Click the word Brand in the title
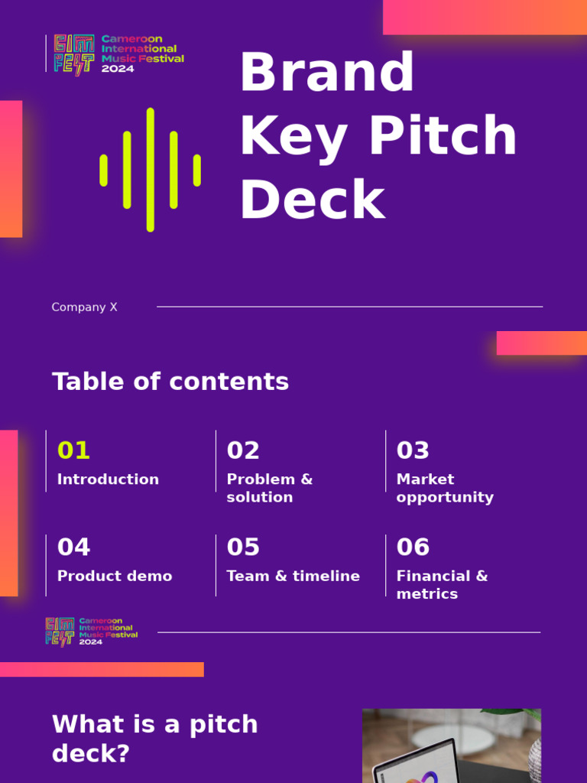[x=327, y=73]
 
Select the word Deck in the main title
[x=312, y=200]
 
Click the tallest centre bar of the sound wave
[x=151, y=170]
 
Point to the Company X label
[x=84, y=307]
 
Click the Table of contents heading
[x=170, y=382]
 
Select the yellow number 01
[x=73, y=451]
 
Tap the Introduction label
[x=108, y=479]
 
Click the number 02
[x=243, y=451]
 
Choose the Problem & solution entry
[x=269, y=488]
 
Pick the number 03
[x=413, y=451]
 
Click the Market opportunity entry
[x=445, y=488]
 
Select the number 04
[x=73, y=547]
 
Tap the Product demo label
[x=115, y=576]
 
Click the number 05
[x=243, y=547]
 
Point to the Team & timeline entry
[x=293, y=576]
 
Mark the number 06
[x=413, y=547]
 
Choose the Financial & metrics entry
[x=442, y=585]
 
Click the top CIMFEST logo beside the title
[x=118, y=54]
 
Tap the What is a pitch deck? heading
[x=154, y=739]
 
